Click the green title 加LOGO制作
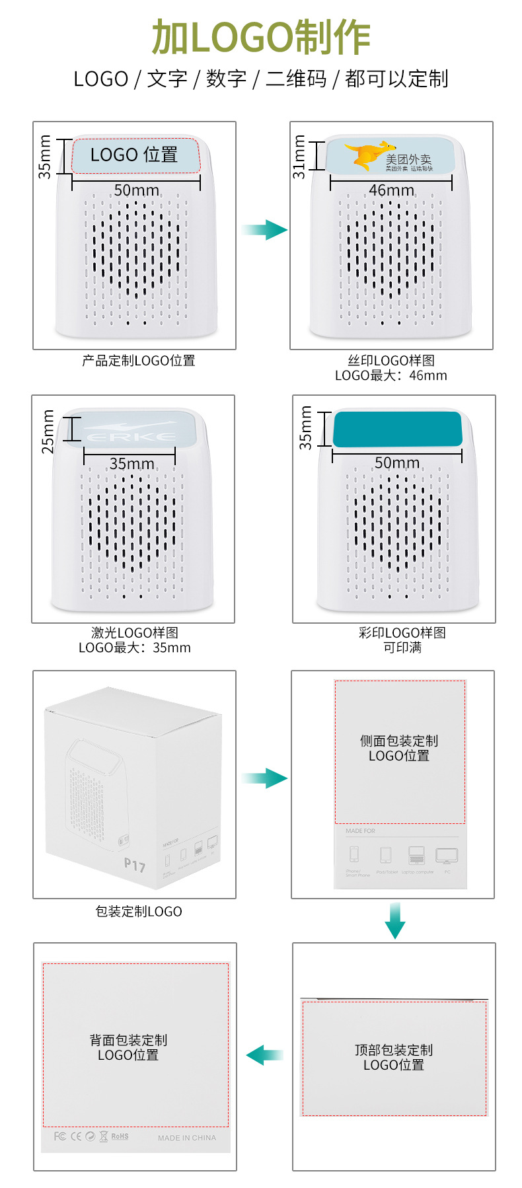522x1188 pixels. click(x=261, y=38)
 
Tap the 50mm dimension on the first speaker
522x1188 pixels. click(x=136, y=190)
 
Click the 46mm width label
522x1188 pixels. click(x=391, y=190)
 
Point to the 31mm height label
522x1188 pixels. click(x=299, y=157)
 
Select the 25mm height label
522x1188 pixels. click(x=48, y=431)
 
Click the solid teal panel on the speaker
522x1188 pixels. click(x=397, y=429)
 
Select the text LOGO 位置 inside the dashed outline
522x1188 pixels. click(x=134, y=155)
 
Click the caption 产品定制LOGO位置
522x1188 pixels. click(x=139, y=361)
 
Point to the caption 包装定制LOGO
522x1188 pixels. click(x=139, y=912)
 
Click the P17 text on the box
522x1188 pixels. click(x=134, y=865)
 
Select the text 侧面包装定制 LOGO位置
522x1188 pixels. click(x=399, y=748)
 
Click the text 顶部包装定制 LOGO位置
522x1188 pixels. click(x=394, y=1057)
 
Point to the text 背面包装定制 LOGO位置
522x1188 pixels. click(x=128, y=1047)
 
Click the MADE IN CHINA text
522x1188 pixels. click(x=187, y=1138)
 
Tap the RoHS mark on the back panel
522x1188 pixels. click(x=120, y=1136)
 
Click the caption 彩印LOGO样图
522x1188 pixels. click(x=402, y=633)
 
